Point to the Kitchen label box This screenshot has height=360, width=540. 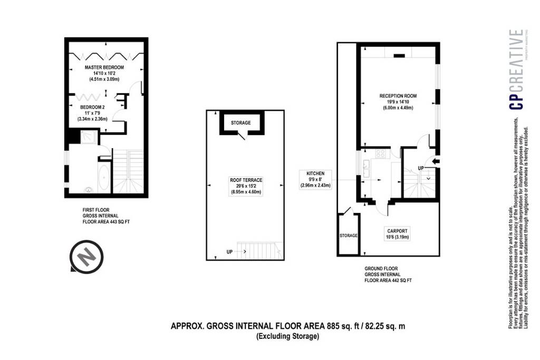[x=315, y=179]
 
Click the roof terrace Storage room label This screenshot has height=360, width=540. [x=240, y=123]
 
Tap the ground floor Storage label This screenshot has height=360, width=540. [x=349, y=236]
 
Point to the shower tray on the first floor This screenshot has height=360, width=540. [x=90, y=137]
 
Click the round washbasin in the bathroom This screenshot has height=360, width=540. [x=89, y=189]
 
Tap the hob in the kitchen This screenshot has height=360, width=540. [x=381, y=153]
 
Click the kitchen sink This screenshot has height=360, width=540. [x=366, y=169]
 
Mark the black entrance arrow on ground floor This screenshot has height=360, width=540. [x=436, y=161]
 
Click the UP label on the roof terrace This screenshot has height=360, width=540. [x=229, y=252]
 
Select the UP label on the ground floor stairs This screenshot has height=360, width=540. [x=420, y=168]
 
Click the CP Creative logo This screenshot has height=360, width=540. [x=517, y=70]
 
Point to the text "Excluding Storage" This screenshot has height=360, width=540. [x=287, y=336]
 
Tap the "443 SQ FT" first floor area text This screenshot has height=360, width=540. [x=120, y=222]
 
